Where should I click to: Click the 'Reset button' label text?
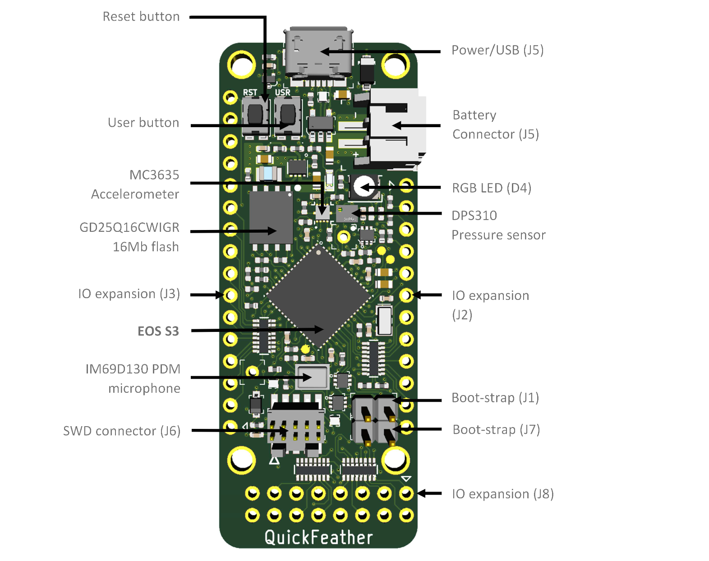(x=141, y=17)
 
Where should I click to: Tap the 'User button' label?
(x=143, y=123)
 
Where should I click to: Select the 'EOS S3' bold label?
(x=158, y=331)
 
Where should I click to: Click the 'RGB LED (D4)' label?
(x=492, y=188)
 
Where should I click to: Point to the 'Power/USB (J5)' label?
(x=497, y=50)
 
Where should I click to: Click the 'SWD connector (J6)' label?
(x=122, y=431)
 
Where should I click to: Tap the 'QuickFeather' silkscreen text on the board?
(x=318, y=537)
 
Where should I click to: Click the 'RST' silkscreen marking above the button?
(x=250, y=92)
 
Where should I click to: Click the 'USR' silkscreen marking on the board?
(x=283, y=92)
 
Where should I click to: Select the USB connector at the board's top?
(x=318, y=55)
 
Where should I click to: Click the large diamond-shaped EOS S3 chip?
(x=318, y=296)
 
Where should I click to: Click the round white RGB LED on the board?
(x=364, y=186)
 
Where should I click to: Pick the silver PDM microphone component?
(x=312, y=377)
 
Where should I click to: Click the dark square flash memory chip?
(x=271, y=218)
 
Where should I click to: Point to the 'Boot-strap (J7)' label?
(x=496, y=430)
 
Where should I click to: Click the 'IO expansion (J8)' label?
(x=503, y=494)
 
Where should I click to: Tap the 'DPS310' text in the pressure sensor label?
(x=474, y=216)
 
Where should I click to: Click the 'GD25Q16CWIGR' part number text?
(x=129, y=227)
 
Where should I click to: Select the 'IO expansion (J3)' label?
(x=129, y=294)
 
